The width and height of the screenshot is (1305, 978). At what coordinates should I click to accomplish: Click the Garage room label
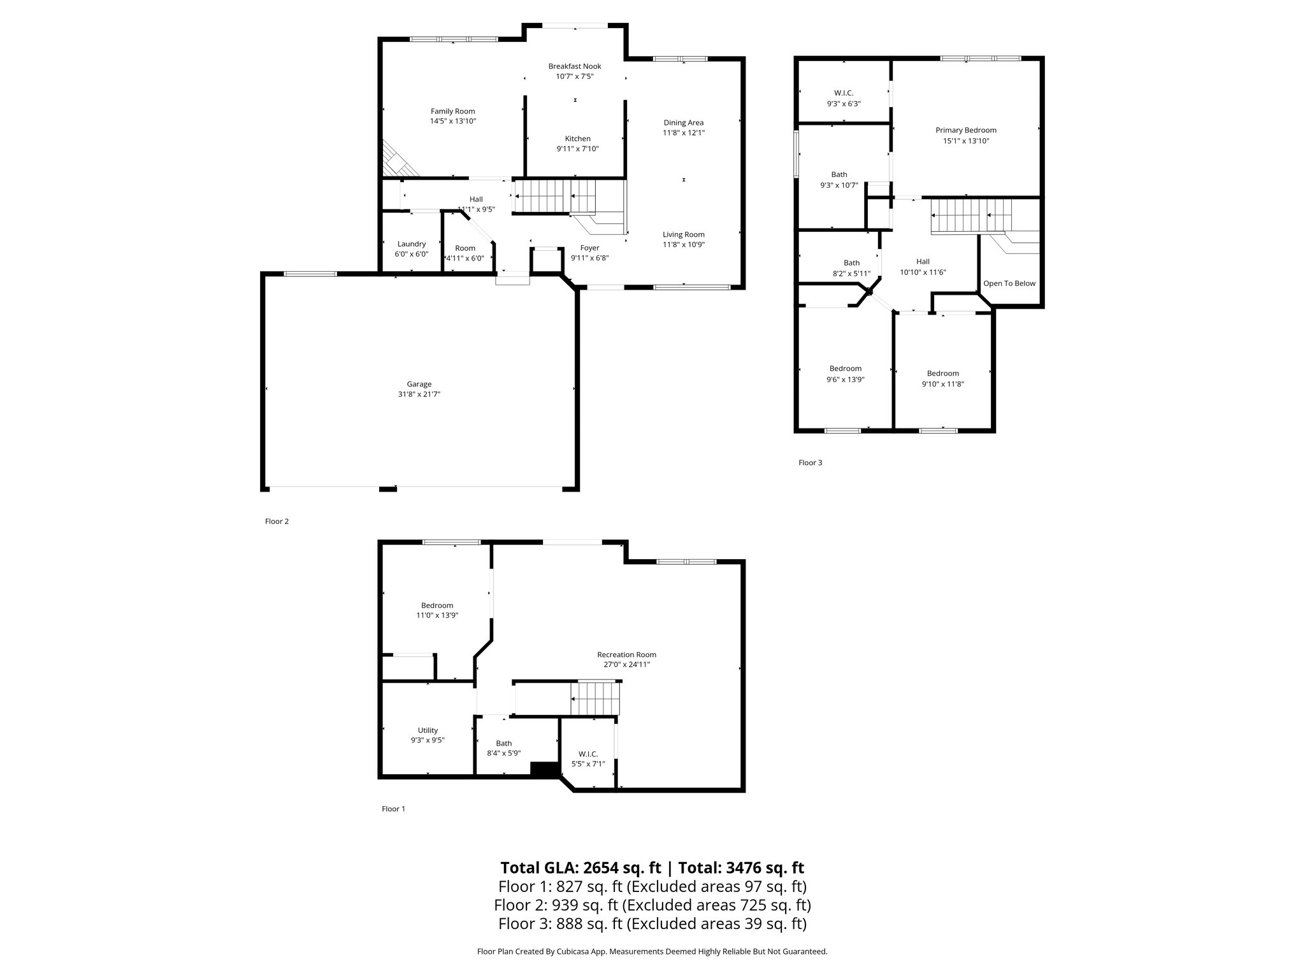(419, 384)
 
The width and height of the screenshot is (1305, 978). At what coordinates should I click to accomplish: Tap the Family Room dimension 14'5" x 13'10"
(452, 121)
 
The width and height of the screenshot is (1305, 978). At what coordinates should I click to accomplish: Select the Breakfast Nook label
(575, 66)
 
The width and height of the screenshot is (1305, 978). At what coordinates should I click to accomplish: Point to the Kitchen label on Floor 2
(577, 139)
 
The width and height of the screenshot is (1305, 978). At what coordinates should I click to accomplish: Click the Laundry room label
(411, 244)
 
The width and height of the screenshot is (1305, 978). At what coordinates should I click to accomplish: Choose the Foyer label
(589, 248)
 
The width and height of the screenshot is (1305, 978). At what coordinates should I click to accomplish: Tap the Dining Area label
(683, 123)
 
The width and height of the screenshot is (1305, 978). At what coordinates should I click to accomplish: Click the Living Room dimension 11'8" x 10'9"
(683, 244)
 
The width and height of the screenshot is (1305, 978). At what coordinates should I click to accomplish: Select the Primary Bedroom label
(965, 131)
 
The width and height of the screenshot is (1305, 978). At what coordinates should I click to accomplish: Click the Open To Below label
(1009, 283)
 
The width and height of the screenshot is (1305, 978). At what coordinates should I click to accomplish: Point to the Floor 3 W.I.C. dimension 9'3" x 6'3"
(844, 103)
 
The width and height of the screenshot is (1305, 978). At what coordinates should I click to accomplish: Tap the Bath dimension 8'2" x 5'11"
(851, 273)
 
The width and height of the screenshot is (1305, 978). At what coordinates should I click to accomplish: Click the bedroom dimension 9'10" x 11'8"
(942, 384)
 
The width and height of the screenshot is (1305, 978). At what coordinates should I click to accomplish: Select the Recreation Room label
(626, 655)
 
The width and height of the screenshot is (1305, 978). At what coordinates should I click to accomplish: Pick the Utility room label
(428, 730)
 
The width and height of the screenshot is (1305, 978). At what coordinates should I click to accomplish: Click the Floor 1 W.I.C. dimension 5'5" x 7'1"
(588, 764)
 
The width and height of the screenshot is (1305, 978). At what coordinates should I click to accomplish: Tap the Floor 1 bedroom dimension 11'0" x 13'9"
(436, 616)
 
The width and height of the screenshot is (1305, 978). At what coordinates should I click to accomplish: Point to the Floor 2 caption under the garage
(277, 521)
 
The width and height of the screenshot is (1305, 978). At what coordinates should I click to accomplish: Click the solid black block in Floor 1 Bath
(543, 770)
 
